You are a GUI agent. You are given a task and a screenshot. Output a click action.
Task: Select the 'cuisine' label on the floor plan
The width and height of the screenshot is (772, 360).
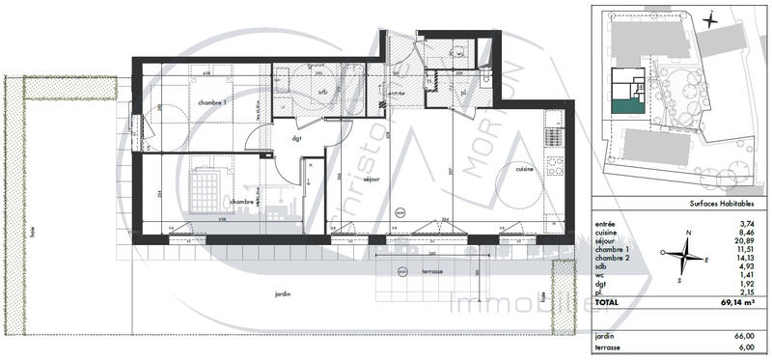coord(525,169)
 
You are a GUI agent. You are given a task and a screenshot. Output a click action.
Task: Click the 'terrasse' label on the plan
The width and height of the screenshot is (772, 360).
coord(432,271)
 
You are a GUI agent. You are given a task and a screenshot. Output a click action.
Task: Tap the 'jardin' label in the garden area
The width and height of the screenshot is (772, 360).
coord(283,293)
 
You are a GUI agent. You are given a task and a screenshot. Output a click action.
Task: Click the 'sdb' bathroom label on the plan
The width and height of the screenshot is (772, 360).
coord(323,93)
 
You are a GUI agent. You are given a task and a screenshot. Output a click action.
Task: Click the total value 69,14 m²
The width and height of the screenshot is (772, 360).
coord(735,303)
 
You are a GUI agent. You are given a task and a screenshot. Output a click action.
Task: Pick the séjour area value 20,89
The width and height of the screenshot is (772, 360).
coord(743,239)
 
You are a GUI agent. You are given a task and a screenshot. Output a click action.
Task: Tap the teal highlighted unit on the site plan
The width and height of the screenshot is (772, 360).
coord(626,105)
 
